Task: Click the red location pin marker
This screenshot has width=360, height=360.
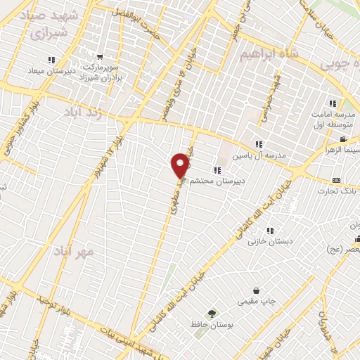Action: point(181,165)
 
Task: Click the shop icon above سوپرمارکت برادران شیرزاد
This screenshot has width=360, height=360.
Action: point(102,56)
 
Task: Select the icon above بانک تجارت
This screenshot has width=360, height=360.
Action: point(335,180)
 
